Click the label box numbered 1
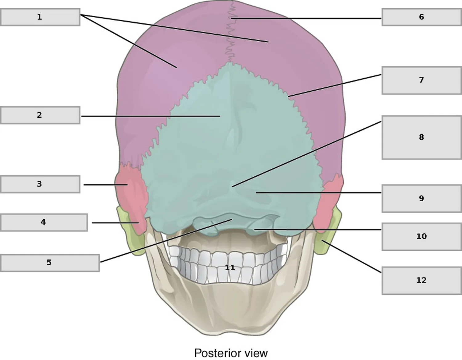click(40, 17)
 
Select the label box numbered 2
click(40, 115)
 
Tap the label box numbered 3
click(40, 184)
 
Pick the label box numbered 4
click(44, 222)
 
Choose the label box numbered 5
click(50, 263)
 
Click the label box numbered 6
click(422, 17)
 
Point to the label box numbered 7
click(422, 80)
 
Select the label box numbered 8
click(422, 137)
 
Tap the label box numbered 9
click(422, 198)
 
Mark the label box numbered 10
click(422, 237)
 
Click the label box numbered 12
click(422, 281)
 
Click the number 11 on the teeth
click(230, 268)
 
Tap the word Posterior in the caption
click(218, 353)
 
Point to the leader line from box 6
click(306, 18)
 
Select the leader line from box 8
click(306, 154)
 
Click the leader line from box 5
click(166, 241)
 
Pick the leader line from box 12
click(351, 256)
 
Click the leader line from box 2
click(151, 116)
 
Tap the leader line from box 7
click(335, 85)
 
